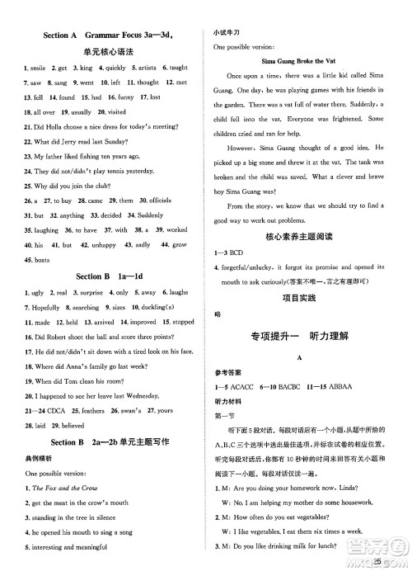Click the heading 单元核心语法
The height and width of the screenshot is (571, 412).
point(103,53)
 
